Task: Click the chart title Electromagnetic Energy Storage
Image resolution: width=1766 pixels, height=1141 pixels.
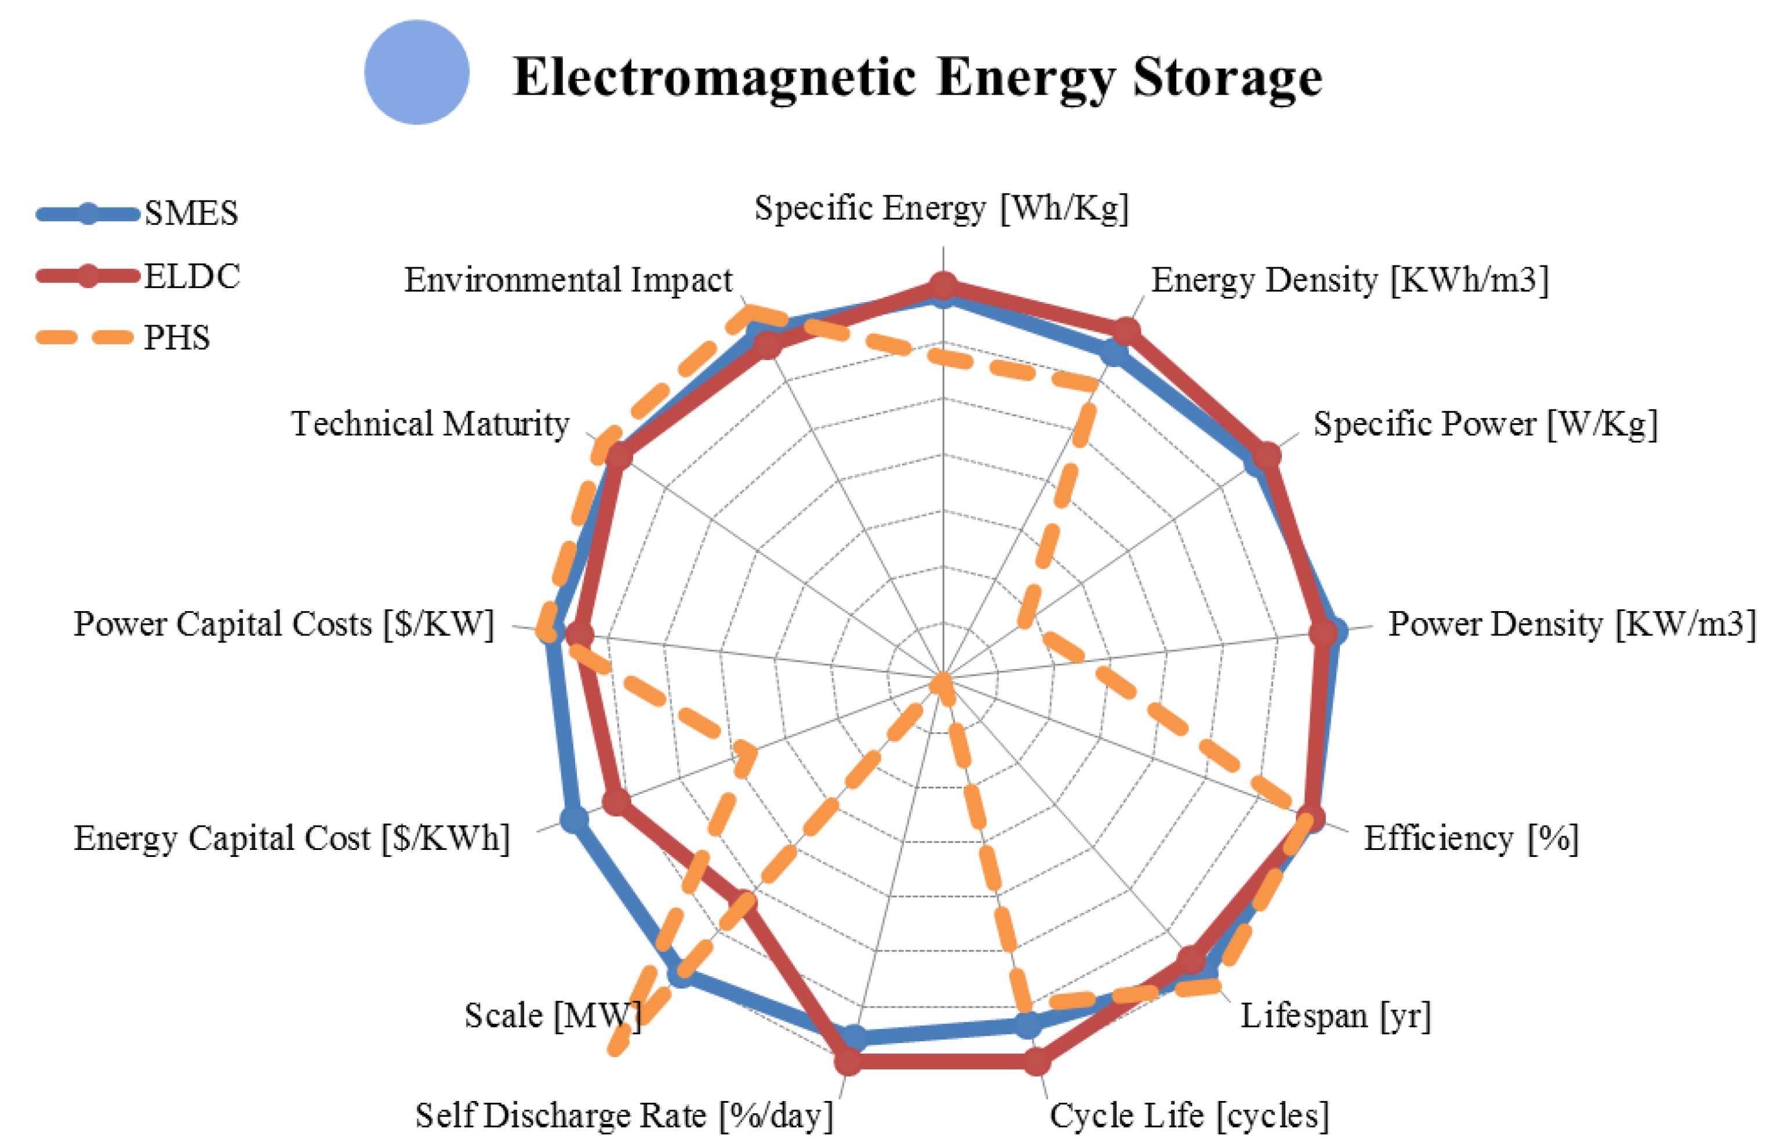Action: tap(917, 77)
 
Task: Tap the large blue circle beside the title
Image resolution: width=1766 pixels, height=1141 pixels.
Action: tap(416, 72)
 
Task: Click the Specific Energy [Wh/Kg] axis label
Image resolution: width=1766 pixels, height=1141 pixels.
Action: tap(941, 208)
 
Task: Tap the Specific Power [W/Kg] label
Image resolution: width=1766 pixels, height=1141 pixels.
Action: tap(1484, 424)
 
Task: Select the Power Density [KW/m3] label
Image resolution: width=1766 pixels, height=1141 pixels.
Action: tap(1571, 624)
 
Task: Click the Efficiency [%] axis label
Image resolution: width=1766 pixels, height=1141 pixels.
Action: tap(1470, 838)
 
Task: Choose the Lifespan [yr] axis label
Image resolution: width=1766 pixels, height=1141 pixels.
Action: tap(1335, 1015)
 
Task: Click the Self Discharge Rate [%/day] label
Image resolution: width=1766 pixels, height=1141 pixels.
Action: tap(624, 1115)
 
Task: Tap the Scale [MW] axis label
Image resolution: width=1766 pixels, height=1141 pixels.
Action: tap(552, 1015)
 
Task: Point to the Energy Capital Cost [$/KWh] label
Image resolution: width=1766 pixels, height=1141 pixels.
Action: tap(292, 838)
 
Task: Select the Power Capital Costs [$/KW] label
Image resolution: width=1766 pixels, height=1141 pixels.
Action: tap(284, 624)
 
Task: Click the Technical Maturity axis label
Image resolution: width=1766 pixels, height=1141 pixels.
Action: tap(430, 424)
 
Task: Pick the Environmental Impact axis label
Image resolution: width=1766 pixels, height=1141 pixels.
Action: tap(568, 280)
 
